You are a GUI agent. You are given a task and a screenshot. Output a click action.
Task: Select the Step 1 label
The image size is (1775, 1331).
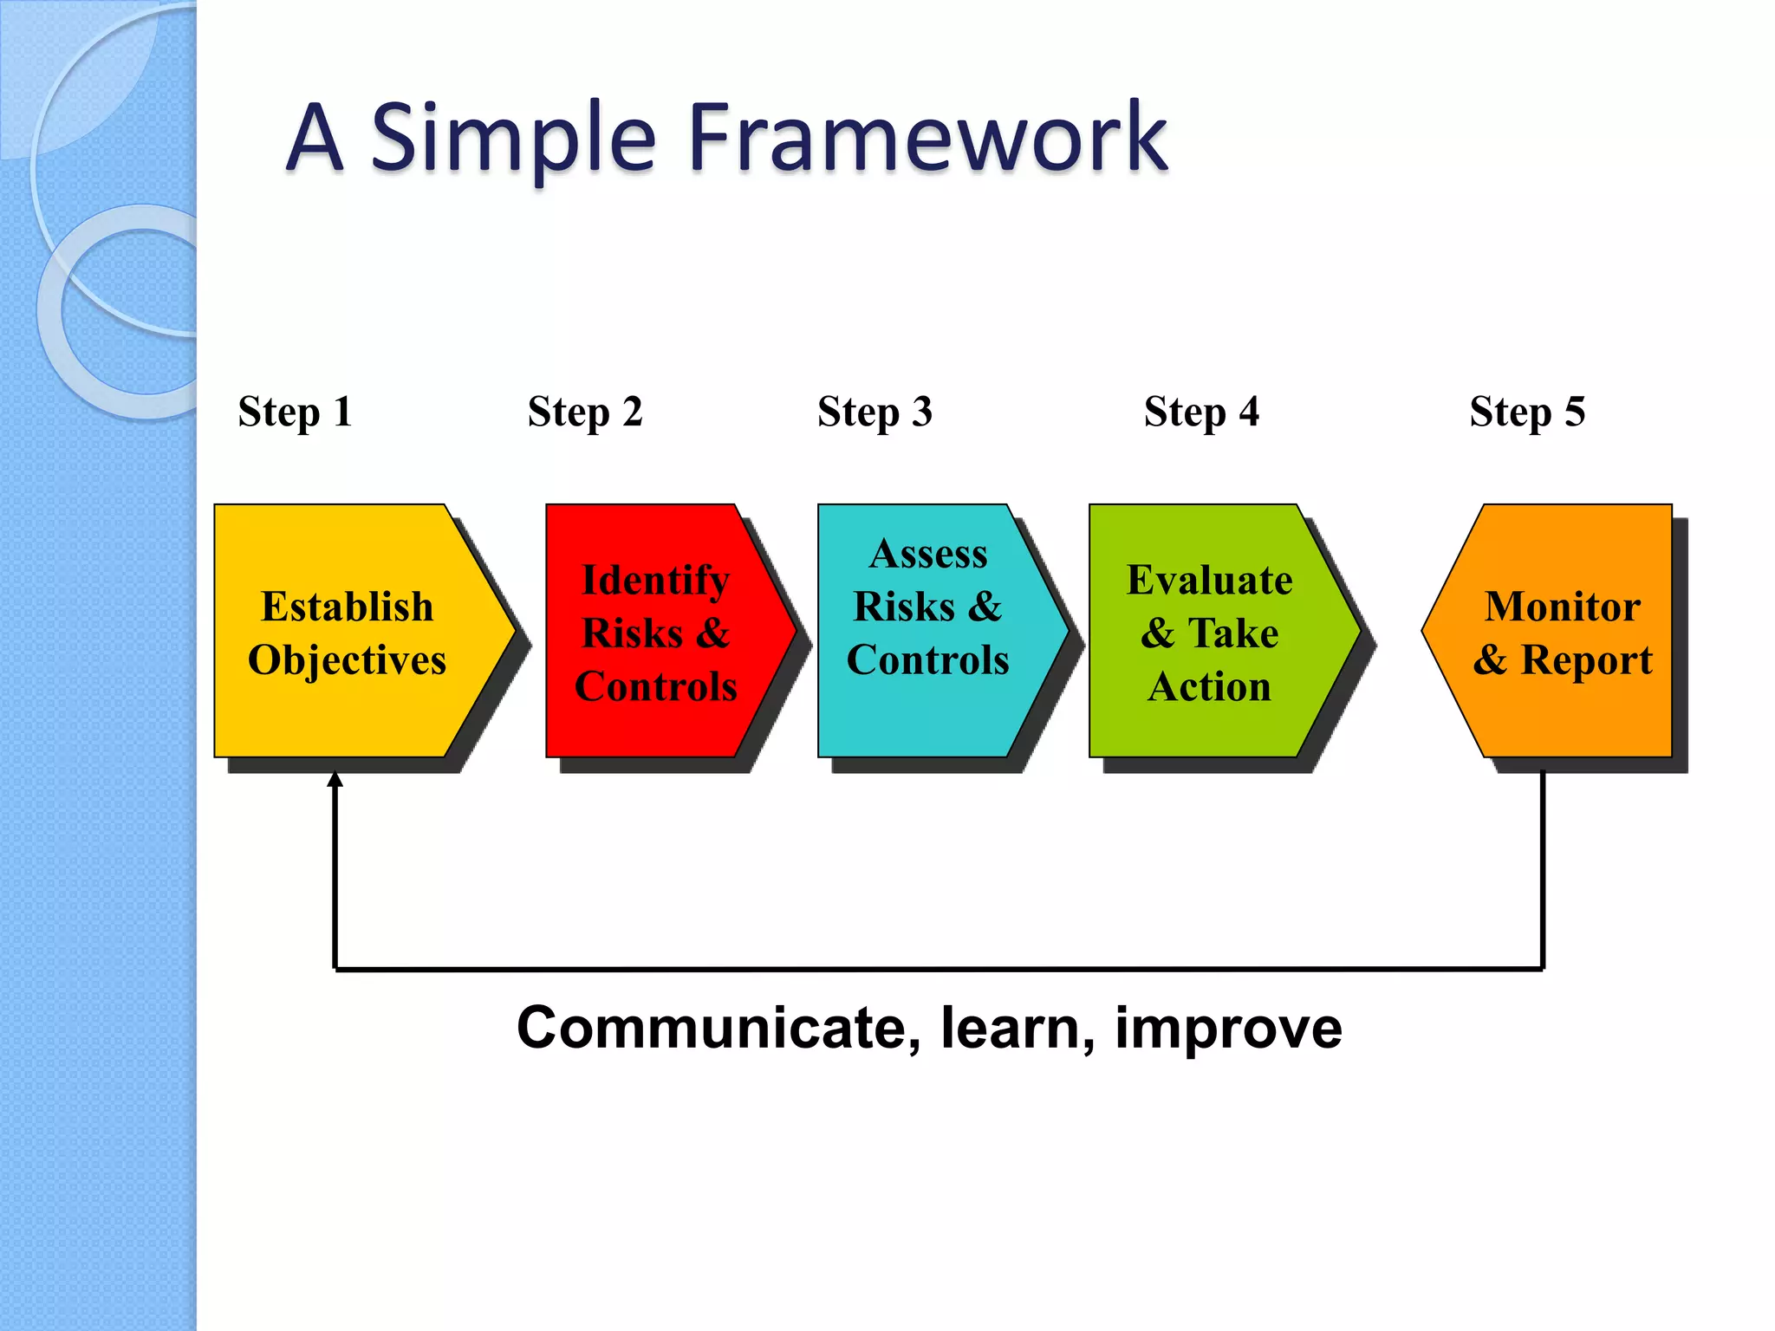click(295, 412)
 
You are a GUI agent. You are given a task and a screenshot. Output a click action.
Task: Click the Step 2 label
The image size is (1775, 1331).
click(585, 412)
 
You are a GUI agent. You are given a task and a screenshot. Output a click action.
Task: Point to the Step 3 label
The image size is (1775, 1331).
click(874, 412)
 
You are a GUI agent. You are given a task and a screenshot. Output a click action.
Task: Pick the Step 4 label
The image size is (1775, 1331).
click(1201, 412)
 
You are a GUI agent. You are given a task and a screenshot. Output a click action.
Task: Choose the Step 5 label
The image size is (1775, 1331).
click(1527, 412)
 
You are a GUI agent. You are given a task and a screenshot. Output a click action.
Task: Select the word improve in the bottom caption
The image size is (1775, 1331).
click(1228, 1029)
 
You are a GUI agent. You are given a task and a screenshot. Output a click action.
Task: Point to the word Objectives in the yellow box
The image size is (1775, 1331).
click(347, 660)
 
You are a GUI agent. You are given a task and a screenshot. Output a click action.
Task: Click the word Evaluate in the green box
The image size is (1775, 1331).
click(1209, 580)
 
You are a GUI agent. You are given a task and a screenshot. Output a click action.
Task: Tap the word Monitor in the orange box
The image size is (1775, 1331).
click(1562, 607)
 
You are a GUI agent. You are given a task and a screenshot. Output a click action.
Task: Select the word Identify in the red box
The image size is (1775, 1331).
click(655, 580)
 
